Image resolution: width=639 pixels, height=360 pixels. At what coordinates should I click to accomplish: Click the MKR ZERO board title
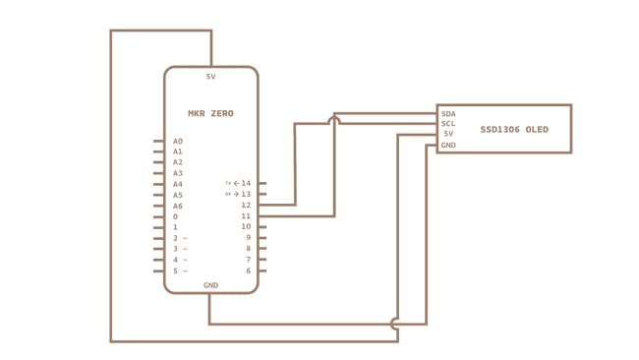click(210, 114)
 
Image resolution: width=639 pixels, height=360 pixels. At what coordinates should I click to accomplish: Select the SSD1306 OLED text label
click(514, 130)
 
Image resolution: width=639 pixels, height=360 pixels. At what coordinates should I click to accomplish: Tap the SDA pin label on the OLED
click(448, 114)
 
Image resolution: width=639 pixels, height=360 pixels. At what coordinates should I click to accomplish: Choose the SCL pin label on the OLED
click(448, 124)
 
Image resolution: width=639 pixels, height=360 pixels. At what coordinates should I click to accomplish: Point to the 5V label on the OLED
click(448, 134)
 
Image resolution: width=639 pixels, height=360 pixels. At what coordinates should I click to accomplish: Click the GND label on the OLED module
click(448, 146)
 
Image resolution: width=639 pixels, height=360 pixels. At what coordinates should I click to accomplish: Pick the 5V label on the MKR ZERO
click(210, 77)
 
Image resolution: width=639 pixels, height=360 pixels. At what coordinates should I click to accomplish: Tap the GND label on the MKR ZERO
click(210, 285)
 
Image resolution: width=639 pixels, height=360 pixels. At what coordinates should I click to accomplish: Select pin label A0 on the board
click(178, 142)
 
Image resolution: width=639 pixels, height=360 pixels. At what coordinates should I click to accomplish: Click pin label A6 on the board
click(178, 206)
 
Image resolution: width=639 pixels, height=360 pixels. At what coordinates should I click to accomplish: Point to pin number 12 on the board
click(246, 205)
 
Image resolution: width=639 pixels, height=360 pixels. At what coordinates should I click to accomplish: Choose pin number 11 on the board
click(246, 215)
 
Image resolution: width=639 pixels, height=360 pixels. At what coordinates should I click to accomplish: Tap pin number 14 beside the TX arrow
click(246, 183)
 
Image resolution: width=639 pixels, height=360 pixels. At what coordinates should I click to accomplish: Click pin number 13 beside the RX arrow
click(246, 194)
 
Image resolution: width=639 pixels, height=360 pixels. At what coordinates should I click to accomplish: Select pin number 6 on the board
click(248, 270)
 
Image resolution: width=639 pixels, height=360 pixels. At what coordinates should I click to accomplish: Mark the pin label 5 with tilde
click(178, 270)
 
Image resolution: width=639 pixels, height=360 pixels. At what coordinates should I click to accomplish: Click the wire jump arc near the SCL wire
click(334, 120)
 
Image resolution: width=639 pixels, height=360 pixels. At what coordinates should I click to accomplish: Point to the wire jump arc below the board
click(396, 323)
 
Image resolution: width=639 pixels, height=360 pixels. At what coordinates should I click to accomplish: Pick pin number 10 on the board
click(246, 226)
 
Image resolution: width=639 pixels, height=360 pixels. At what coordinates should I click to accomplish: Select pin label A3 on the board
click(178, 173)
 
